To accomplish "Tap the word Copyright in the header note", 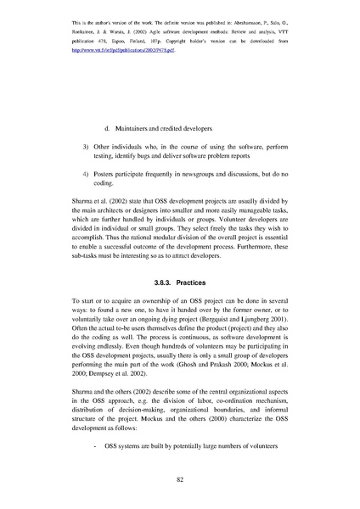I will tap(214, 40).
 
